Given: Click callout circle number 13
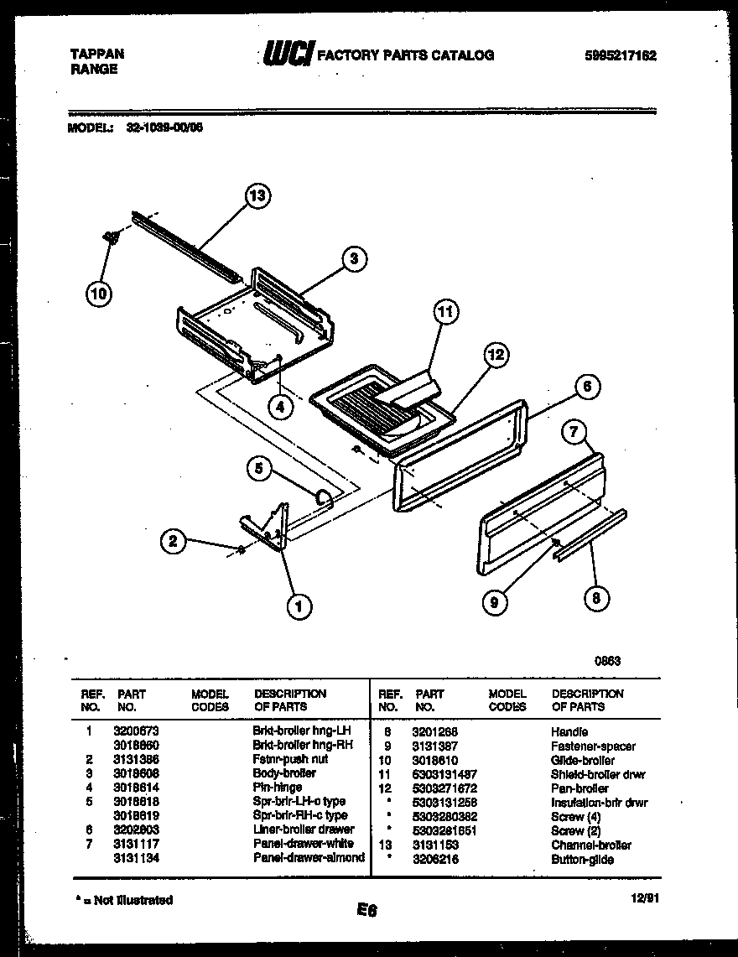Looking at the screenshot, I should pos(257,196).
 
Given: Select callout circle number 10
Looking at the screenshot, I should pos(98,293).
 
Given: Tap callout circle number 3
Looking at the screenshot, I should pos(354,260).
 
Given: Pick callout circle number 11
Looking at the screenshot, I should pos(445,313).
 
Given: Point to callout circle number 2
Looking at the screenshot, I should pos(174,541).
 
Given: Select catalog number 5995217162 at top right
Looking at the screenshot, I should pos(620,56).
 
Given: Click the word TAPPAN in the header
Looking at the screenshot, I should pos(96,54).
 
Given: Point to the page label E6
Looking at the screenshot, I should pos(366,909).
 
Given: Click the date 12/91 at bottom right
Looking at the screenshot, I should pos(644,897).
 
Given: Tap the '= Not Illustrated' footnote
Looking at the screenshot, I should pos(124,900).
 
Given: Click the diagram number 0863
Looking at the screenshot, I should pos(607,660).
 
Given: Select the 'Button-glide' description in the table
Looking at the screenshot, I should pos(582,859).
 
